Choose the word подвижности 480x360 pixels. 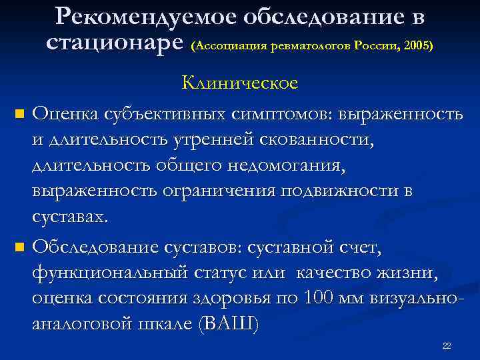point(340,191)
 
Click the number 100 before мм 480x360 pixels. point(321,299)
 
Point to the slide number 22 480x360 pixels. point(447,346)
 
